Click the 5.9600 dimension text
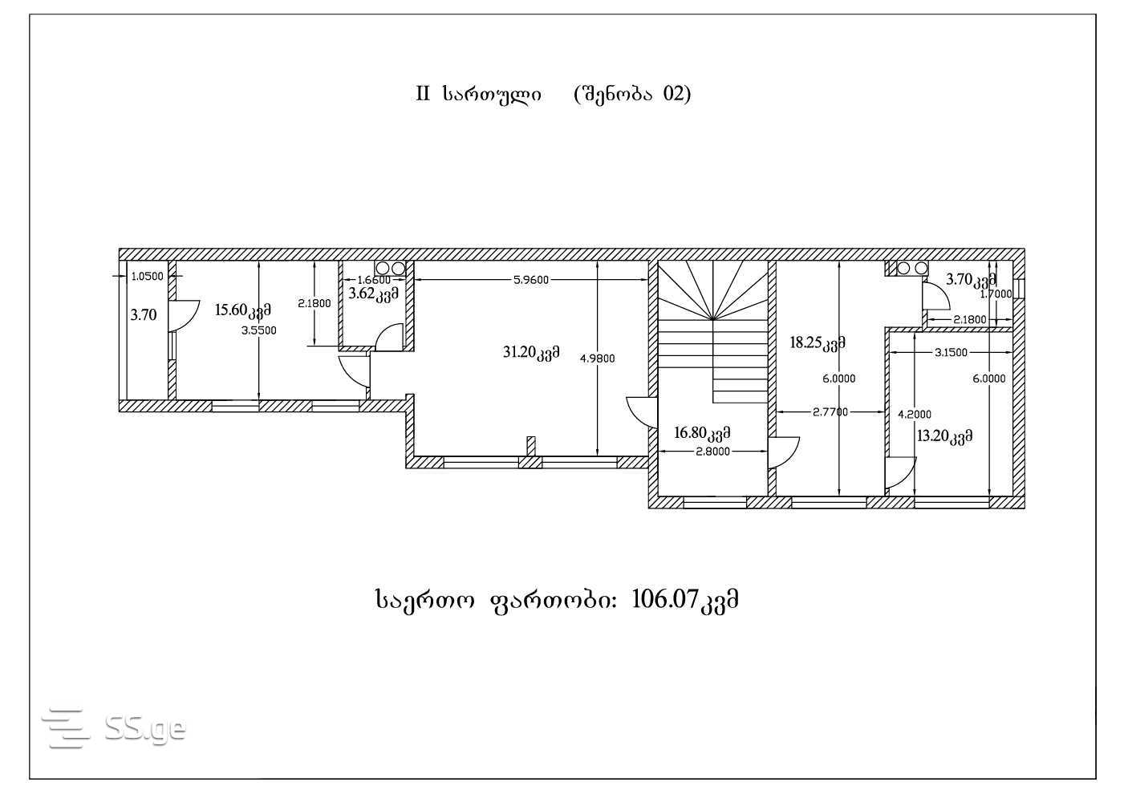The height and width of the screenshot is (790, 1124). pyautogui.click(x=531, y=280)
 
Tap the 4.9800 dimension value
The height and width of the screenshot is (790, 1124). pyautogui.click(x=597, y=359)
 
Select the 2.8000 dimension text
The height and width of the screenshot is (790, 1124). pyautogui.click(x=712, y=452)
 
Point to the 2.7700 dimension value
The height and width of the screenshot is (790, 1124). pyautogui.click(x=830, y=411)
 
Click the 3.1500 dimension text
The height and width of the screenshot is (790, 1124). pyautogui.click(x=951, y=353)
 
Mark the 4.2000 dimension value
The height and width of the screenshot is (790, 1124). pyautogui.click(x=915, y=415)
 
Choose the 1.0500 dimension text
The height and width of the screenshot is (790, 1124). pyautogui.click(x=147, y=277)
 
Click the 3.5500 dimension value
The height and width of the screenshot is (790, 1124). pyautogui.click(x=259, y=330)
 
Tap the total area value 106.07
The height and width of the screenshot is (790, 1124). pyautogui.click(x=664, y=599)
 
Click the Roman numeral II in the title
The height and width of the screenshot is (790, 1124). pyautogui.click(x=423, y=94)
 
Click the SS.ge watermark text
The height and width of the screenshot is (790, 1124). pyautogui.click(x=145, y=728)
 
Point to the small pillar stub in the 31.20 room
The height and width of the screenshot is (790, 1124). pyautogui.click(x=531, y=447)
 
